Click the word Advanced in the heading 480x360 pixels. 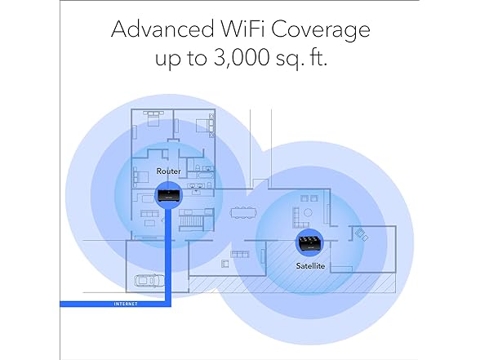coord(162,29)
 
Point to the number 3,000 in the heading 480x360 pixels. coord(241,57)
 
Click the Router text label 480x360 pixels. coord(168,171)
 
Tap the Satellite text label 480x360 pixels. coord(310,266)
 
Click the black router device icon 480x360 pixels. coord(169,195)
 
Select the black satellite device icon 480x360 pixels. coord(310,242)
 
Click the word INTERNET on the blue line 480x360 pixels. coord(126,304)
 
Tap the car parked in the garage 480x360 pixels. coord(149,281)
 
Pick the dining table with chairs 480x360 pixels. coord(242,213)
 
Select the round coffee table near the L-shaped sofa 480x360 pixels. coord(308,212)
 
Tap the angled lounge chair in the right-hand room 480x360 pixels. coord(361,234)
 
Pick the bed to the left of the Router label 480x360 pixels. coord(140,177)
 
